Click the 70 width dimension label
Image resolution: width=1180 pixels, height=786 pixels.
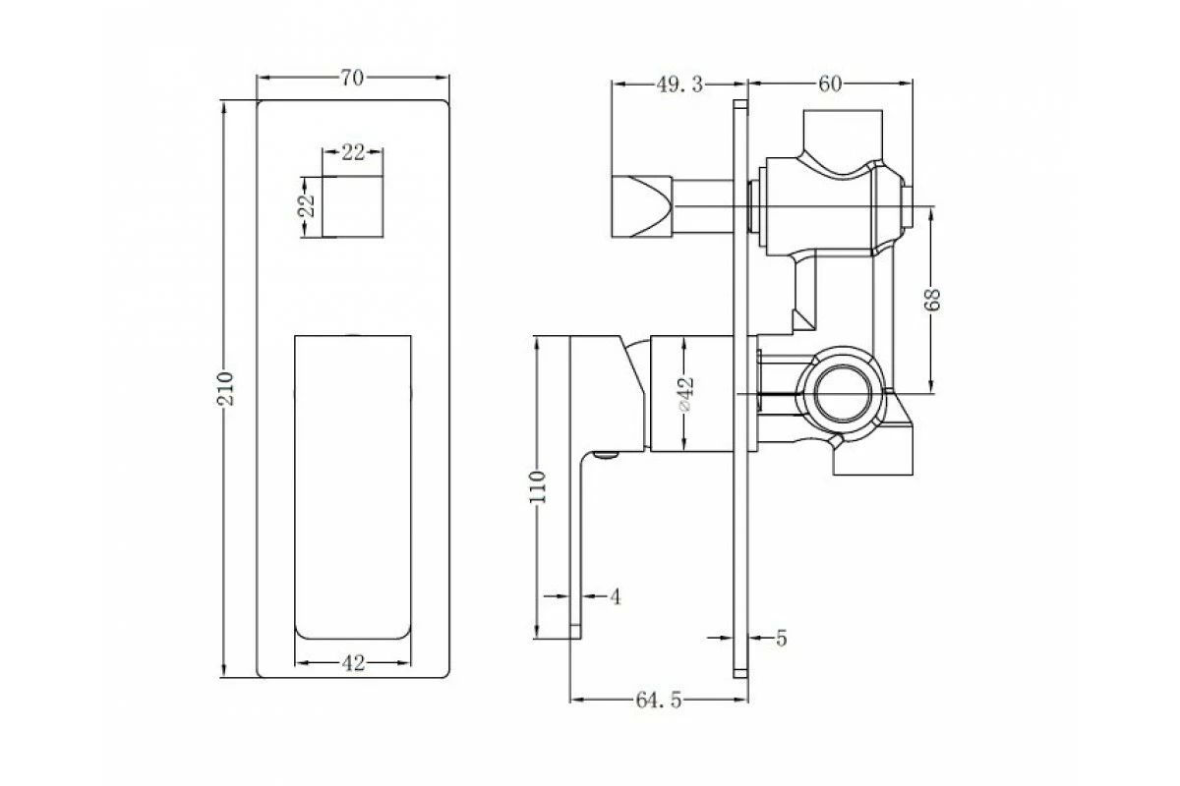point(352,78)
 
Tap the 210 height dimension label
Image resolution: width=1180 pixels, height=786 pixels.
point(225,388)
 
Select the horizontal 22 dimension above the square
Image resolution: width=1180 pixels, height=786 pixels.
point(353,152)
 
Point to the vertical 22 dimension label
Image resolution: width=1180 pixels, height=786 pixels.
point(307,206)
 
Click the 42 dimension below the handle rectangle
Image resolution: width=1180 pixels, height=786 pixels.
point(353,663)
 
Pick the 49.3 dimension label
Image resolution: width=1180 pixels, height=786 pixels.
point(679,84)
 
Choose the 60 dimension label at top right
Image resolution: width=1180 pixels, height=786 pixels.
point(830,84)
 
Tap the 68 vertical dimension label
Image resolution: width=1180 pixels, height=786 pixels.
point(932,300)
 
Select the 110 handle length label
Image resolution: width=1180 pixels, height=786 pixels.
point(537,487)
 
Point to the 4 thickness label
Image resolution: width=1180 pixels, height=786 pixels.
point(616,597)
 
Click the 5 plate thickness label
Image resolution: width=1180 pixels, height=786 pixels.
point(781,638)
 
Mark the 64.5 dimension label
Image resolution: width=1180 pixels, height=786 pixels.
point(659,701)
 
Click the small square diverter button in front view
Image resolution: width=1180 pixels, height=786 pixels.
point(352,206)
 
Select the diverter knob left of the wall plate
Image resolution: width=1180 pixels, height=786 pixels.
point(641,206)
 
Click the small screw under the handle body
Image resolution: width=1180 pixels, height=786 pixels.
point(606,454)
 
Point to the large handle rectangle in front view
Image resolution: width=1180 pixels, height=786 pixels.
point(353,487)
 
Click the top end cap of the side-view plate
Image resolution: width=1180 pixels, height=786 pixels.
point(740,104)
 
